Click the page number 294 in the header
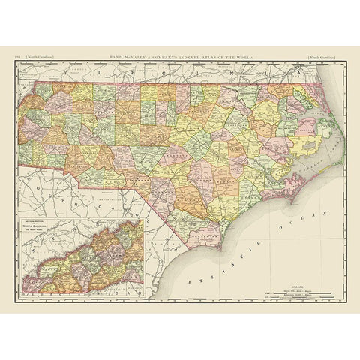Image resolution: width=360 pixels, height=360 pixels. click(16, 56)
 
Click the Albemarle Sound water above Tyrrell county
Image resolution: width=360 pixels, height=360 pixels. click(296, 115)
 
